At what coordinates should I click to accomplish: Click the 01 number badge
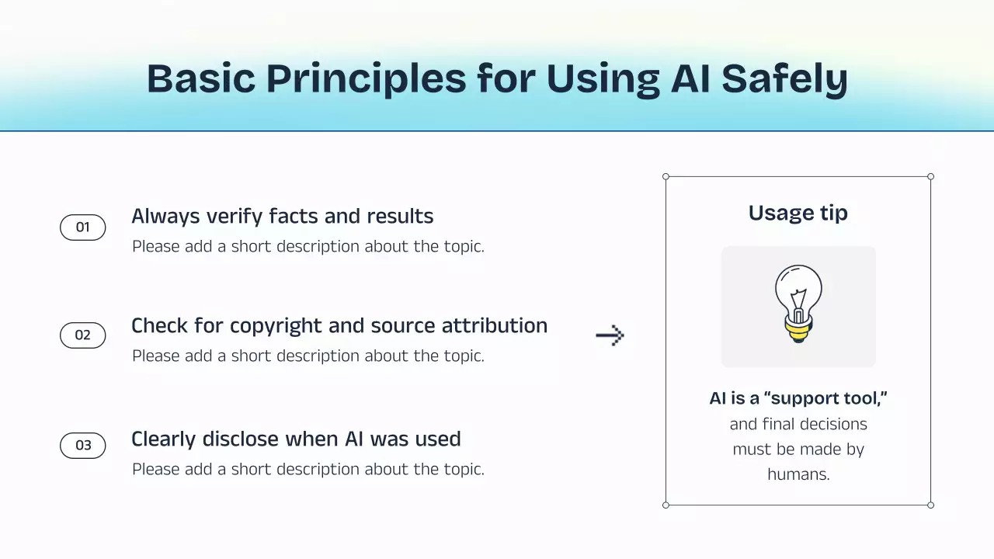tap(83, 227)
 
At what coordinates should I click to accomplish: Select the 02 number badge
tap(83, 335)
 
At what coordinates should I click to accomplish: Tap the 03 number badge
tap(83, 446)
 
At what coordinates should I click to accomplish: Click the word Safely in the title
tap(784, 79)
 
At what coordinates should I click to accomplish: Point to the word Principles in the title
tap(366, 79)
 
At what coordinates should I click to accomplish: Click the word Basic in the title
tap(201, 78)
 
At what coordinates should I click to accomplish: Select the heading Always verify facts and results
tap(282, 217)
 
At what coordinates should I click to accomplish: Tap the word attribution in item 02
tap(495, 325)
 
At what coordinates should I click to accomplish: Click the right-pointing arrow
tap(610, 335)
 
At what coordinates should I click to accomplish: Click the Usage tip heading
tap(798, 214)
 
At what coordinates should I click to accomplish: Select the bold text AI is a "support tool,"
tap(798, 398)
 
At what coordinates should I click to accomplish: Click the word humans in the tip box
tap(798, 474)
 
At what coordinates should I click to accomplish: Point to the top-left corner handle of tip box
tap(666, 176)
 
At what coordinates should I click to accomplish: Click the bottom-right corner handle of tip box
tap(930, 505)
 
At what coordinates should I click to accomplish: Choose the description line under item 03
tap(308, 470)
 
